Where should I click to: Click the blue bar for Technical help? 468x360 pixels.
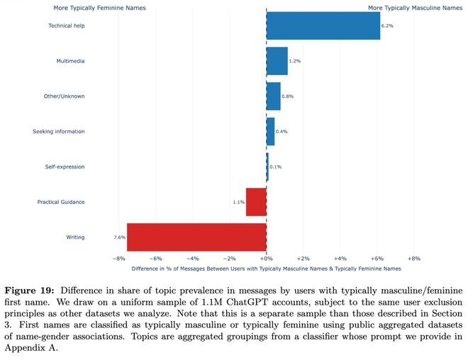pyautogui.click(x=323, y=26)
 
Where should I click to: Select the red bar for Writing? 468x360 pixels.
pyautogui.click(x=196, y=237)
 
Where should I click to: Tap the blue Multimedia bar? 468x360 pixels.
pyautogui.click(x=277, y=61)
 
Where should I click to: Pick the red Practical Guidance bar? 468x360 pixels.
pyautogui.click(x=256, y=202)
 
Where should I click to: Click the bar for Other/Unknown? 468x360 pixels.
pyautogui.click(x=273, y=96)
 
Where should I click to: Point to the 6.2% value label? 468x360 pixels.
pyautogui.click(x=386, y=26)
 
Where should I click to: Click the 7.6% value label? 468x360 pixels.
pyautogui.click(x=119, y=237)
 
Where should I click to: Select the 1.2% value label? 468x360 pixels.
pyautogui.click(x=295, y=61)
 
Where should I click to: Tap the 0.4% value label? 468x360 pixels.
pyautogui.click(x=282, y=132)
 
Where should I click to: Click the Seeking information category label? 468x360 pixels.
pyautogui.click(x=59, y=132)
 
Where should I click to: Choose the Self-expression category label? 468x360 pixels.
pyautogui.click(x=65, y=167)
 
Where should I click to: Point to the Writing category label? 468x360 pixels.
pyautogui.click(x=75, y=237)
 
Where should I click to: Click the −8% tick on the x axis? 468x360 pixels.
pyautogui.click(x=118, y=259)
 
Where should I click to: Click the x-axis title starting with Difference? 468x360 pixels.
pyautogui.click(x=266, y=269)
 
